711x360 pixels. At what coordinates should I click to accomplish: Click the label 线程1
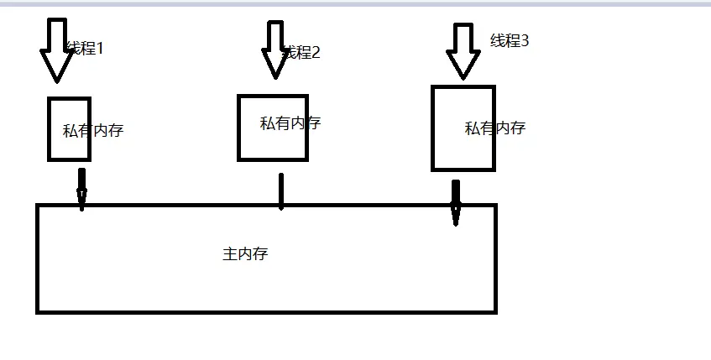point(84,49)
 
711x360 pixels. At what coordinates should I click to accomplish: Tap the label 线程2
point(302,53)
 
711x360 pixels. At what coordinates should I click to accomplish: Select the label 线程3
point(510,40)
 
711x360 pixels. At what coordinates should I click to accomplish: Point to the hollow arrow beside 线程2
point(274,50)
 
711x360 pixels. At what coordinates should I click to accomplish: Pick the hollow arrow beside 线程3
point(463,52)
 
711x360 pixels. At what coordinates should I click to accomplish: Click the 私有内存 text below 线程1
point(92,131)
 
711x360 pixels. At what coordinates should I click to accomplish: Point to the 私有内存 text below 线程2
point(290,123)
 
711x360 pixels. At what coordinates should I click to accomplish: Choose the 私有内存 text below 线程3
point(494,128)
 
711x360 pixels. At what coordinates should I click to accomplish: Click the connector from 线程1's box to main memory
point(81,189)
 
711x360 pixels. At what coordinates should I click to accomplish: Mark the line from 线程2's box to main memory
point(280,191)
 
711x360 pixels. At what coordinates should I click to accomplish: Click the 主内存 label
point(245,254)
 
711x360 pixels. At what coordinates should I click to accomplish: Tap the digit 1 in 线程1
point(99,49)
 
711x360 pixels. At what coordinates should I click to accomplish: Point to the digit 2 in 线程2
point(316,53)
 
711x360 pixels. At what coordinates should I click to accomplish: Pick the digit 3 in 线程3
point(525,40)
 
